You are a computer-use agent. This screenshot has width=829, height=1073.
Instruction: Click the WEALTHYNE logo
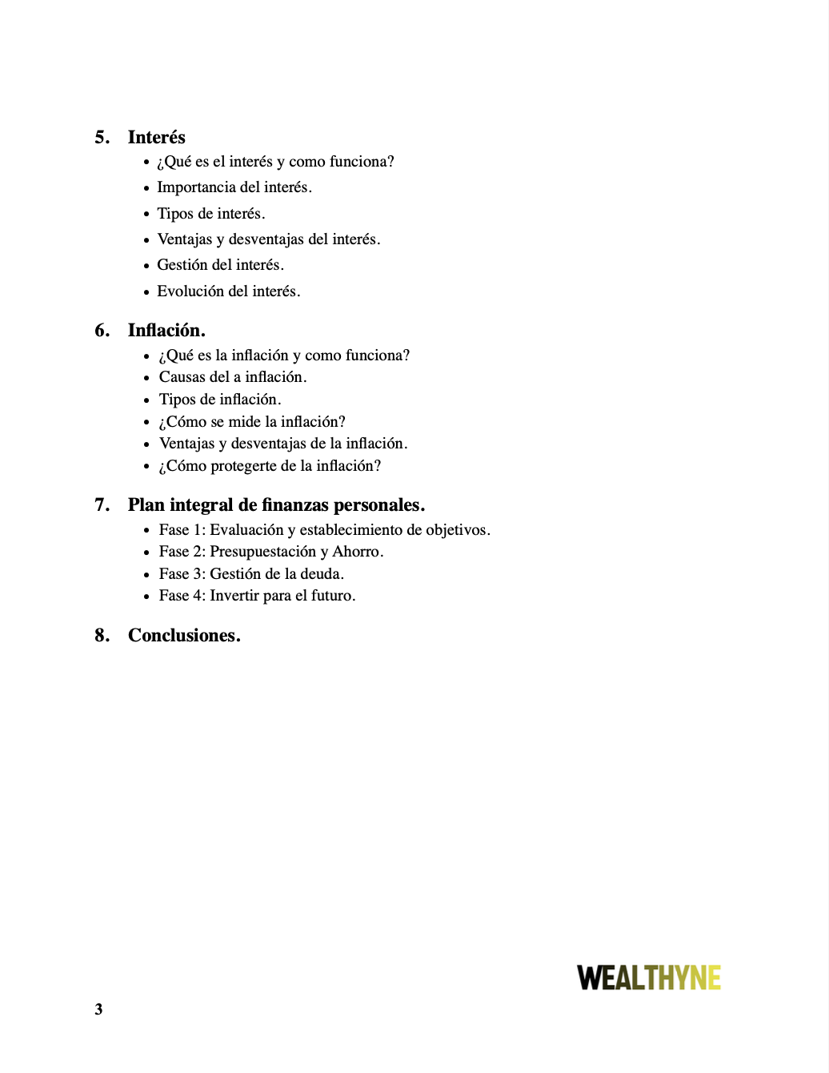pos(649,978)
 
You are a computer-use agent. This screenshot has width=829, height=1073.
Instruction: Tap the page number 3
pos(98,1009)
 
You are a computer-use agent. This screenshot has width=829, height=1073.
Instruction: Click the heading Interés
pos(156,137)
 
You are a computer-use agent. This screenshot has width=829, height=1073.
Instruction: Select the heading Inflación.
pos(166,330)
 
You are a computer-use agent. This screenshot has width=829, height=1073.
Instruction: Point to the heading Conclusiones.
pos(184,635)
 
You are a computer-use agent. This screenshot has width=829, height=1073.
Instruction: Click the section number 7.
pos(102,504)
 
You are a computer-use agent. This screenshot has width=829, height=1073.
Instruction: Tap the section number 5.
pos(102,137)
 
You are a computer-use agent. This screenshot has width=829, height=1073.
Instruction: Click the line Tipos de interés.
pos(210,214)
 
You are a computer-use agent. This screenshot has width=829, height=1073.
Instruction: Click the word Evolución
pos(190,291)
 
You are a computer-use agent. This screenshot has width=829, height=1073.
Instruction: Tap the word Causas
pos(182,377)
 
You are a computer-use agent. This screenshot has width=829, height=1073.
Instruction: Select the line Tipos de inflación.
pos(220,400)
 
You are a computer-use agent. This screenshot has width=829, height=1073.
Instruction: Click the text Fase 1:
pos(182,530)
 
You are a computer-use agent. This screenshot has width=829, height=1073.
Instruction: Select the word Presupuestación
pos(262,552)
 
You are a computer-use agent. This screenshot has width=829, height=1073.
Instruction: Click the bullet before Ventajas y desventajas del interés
pos(146,240)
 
